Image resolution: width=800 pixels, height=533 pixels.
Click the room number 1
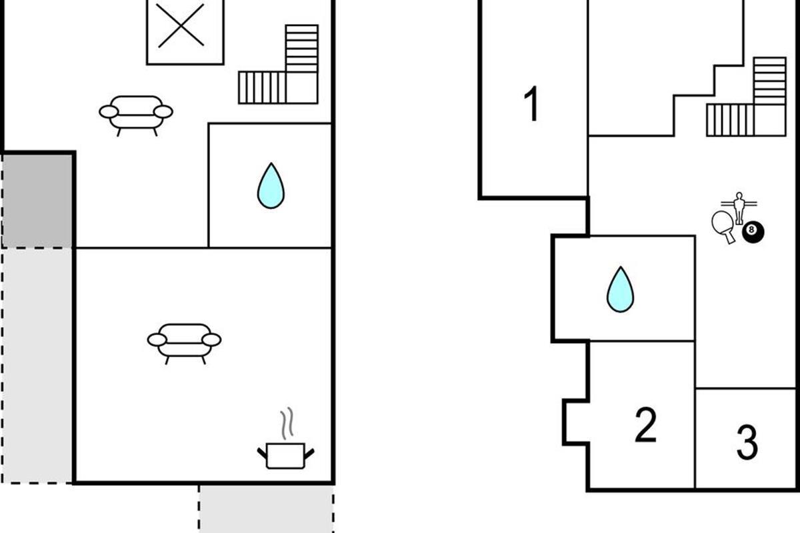(x=532, y=103)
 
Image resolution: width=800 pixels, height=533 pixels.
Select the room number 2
(x=645, y=425)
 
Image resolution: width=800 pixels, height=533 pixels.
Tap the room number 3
(x=747, y=442)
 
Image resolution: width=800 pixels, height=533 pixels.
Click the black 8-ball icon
(x=753, y=232)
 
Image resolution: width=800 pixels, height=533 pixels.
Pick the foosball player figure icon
(x=739, y=208)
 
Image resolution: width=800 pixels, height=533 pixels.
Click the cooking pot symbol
(x=286, y=456)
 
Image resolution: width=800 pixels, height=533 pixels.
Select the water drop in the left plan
(x=271, y=186)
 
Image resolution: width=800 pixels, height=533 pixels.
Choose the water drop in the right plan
(x=621, y=290)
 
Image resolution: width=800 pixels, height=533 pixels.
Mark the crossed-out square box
(x=185, y=31)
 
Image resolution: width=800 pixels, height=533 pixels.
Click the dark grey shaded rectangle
(x=37, y=201)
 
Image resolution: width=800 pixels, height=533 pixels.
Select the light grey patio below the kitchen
(x=267, y=509)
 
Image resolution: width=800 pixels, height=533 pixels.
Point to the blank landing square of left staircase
(x=302, y=88)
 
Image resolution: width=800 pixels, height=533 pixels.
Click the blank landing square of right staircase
(x=770, y=121)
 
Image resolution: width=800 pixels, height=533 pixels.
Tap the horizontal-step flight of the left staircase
(x=302, y=49)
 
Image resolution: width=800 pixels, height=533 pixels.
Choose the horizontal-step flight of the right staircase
(x=770, y=81)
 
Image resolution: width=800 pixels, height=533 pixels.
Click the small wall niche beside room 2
(x=575, y=422)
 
